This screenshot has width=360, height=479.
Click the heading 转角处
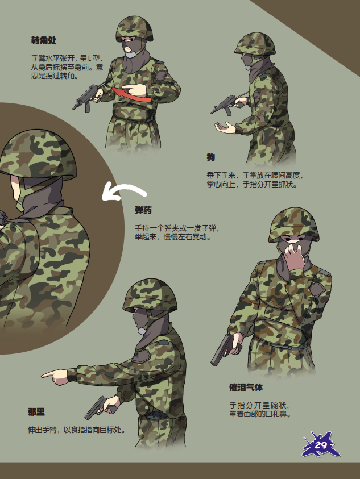[44, 40]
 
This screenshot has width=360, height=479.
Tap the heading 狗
[211, 157]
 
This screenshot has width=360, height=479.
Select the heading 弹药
[143, 210]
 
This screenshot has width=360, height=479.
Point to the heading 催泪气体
[246, 388]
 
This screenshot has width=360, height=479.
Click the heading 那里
[36, 412]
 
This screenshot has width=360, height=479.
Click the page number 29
[321, 445]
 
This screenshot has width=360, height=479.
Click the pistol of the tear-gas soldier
[224, 349]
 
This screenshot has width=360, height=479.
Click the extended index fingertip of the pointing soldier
[43, 375]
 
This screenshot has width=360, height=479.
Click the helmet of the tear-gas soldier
[293, 224]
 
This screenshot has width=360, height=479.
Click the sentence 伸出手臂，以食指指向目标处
[77, 430]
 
